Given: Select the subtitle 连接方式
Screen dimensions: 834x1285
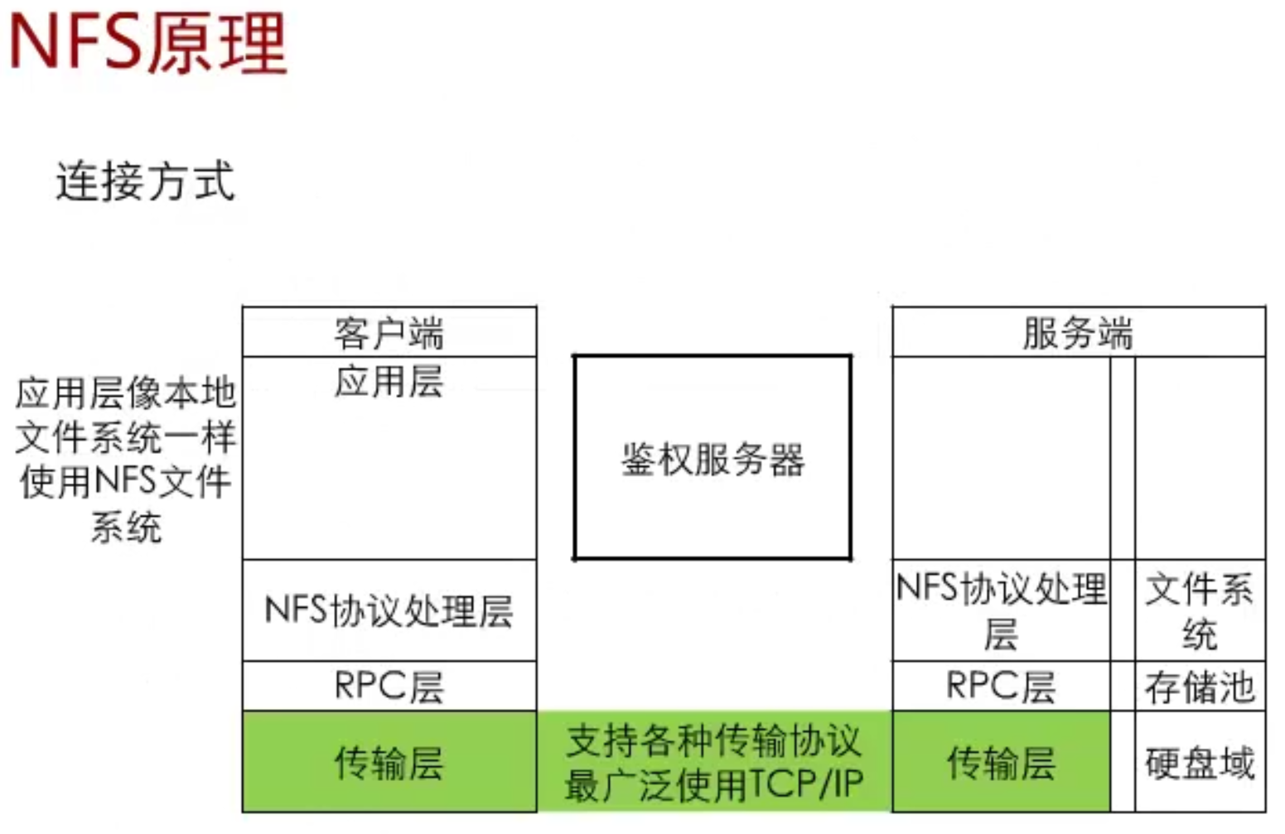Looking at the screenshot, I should click(x=146, y=181).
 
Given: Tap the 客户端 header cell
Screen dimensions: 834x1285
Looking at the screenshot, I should click(x=389, y=333).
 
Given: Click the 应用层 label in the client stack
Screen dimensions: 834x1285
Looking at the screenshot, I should click(x=389, y=382).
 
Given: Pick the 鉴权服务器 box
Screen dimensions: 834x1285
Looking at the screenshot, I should click(x=713, y=458).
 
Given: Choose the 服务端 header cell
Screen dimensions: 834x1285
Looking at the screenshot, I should click(x=1078, y=333).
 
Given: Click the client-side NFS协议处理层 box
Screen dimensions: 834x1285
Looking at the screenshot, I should click(x=389, y=610).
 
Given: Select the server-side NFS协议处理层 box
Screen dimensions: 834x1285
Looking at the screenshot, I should click(x=1001, y=610).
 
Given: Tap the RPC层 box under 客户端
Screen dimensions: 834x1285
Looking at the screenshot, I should click(x=389, y=687).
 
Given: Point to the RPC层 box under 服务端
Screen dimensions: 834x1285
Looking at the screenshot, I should click(x=1001, y=687).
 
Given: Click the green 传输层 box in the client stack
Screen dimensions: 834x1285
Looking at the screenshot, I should click(x=389, y=762).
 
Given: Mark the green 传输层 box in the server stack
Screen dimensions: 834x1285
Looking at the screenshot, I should click(x=1001, y=762).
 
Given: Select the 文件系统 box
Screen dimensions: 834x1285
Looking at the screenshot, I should click(x=1200, y=610).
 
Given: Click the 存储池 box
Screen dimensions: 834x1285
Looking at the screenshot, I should click(x=1200, y=687).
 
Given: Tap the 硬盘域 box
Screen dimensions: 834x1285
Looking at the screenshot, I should click(x=1200, y=762).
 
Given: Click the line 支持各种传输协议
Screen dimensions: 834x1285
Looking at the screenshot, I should click(x=713, y=740).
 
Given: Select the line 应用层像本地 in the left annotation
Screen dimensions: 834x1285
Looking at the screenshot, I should click(x=126, y=393).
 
